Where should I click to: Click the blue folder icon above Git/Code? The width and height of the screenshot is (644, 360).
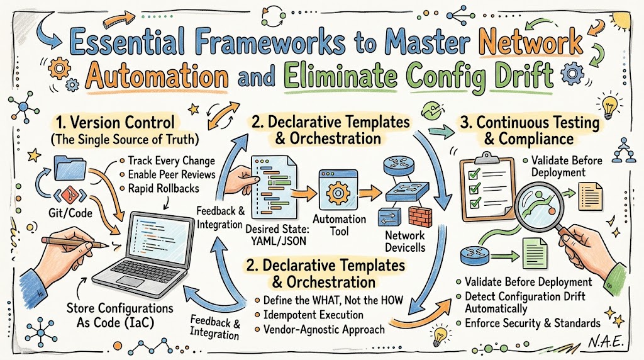[x=70, y=169]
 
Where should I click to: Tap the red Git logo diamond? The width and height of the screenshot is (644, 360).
[x=70, y=194]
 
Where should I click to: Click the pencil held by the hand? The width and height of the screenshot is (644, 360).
[x=75, y=242]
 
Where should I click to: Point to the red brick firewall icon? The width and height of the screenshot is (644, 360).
[x=420, y=216]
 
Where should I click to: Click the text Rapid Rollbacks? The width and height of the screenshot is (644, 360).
[x=164, y=189]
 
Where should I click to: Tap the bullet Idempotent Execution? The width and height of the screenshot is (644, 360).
[x=313, y=315]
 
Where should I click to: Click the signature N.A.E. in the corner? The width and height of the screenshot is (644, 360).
[x=606, y=342]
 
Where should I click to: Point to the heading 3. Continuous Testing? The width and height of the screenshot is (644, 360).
[x=530, y=123]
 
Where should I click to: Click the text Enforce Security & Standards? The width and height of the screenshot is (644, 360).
[x=532, y=323]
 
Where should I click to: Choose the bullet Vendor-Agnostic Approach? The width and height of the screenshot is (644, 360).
[x=324, y=330]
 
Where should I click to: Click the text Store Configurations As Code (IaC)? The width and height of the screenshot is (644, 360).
[x=119, y=315]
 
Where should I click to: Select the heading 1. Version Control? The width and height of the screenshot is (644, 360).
[x=116, y=123]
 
